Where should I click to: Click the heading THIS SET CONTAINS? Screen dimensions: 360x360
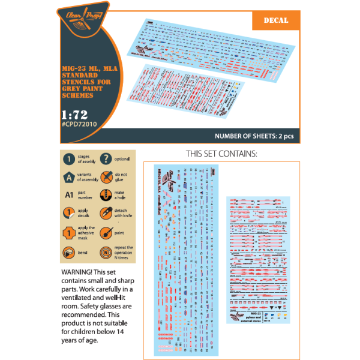(x=221, y=154)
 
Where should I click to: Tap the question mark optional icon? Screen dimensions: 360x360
(x=105, y=160)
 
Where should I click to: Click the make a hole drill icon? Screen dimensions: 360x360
(x=105, y=196)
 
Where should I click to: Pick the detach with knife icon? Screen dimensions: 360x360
(x=105, y=213)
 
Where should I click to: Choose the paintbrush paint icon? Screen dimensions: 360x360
(x=105, y=232)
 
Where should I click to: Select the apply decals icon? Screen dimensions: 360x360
(x=70, y=213)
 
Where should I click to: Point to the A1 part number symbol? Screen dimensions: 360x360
(x=70, y=196)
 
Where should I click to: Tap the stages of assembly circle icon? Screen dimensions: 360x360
(x=70, y=160)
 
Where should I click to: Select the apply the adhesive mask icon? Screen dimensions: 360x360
(x=70, y=232)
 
